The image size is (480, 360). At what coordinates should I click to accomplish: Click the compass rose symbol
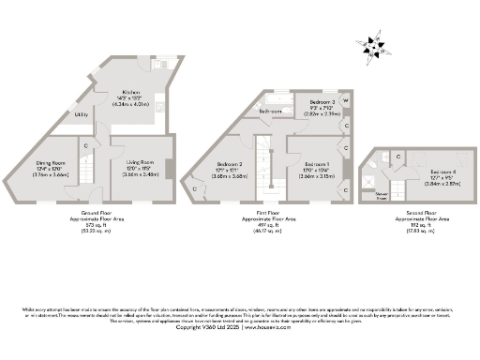[373, 46]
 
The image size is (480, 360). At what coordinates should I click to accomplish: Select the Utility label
[82, 114]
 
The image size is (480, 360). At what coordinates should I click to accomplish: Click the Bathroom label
[271, 111]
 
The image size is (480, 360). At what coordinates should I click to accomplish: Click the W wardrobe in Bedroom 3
[346, 99]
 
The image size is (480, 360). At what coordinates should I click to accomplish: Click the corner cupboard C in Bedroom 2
[195, 187]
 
